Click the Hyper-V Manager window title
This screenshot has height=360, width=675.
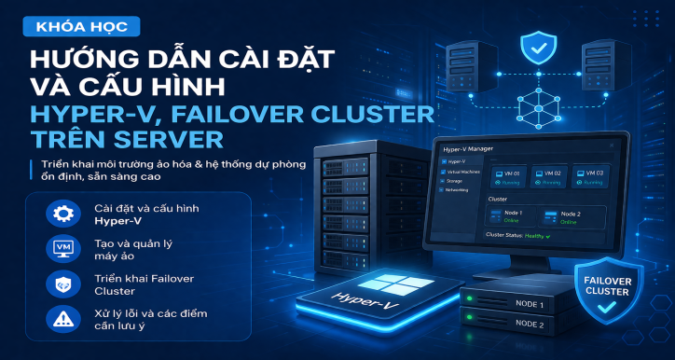(468, 148)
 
